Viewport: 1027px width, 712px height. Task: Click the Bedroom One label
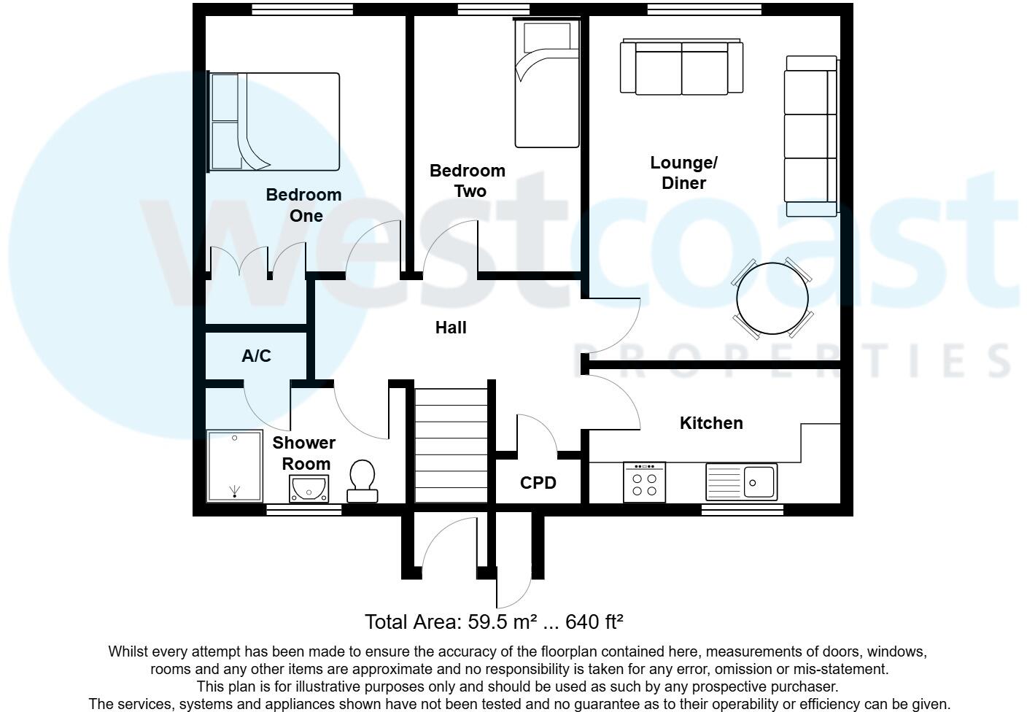pyautogui.click(x=303, y=205)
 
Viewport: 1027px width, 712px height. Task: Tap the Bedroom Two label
pyautogui.click(x=468, y=181)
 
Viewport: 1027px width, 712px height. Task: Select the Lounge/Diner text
pyautogui.click(x=683, y=173)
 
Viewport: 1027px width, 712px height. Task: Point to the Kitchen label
pyautogui.click(x=711, y=423)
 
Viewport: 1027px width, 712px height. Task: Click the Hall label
pyautogui.click(x=451, y=328)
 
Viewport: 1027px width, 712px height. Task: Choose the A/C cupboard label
pyautogui.click(x=256, y=356)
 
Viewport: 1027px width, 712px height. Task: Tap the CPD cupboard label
pyautogui.click(x=538, y=483)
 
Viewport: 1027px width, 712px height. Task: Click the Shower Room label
pyautogui.click(x=304, y=453)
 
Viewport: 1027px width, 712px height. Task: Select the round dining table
pyautogui.click(x=772, y=298)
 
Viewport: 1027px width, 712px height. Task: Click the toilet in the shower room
pyautogui.click(x=363, y=481)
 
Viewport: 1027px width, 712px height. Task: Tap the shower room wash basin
pyautogui.click(x=309, y=489)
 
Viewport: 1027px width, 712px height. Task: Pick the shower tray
pyautogui.click(x=235, y=466)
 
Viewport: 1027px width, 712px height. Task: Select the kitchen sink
pyautogui.click(x=742, y=481)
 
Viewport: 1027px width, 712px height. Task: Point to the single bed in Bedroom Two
pyautogui.click(x=547, y=85)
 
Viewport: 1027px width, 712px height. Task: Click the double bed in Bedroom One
pyautogui.click(x=275, y=122)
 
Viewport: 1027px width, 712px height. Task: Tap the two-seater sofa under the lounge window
pyautogui.click(x=681, y=67)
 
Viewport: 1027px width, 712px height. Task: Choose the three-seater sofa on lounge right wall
pyautogui.click(x=811, y=136)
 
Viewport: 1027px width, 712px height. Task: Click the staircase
pyautogui.click(x=451, y=445)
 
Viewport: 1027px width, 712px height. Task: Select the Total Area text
pyautogui.click(x=494, y=622)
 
